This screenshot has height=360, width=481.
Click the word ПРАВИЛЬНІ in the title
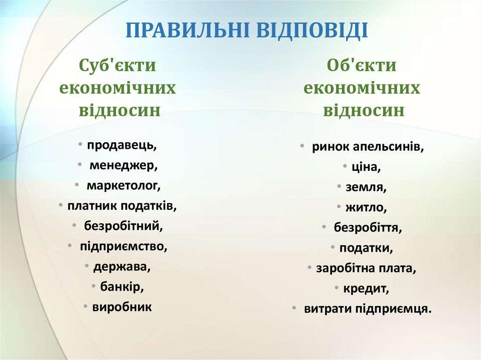coord(188,30)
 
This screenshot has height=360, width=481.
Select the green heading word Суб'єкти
coord(117,65)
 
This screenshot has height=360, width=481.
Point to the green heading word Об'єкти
coord(362,65)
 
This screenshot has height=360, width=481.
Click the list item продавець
coord(122,145)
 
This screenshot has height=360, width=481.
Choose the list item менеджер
coord(124,166)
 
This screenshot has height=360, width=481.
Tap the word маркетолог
coord(124,186)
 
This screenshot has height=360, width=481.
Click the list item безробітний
coord(124,226)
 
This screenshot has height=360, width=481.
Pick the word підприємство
coord(124,246)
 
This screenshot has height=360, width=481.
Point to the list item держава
coord(122,267)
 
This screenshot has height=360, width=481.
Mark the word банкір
coord(122,287)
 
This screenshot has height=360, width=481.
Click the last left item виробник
coord(122,307)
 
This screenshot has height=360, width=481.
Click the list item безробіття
coord(368,228)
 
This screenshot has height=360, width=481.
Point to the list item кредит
coord(366,289)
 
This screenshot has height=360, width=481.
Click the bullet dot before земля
coord(339,186)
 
